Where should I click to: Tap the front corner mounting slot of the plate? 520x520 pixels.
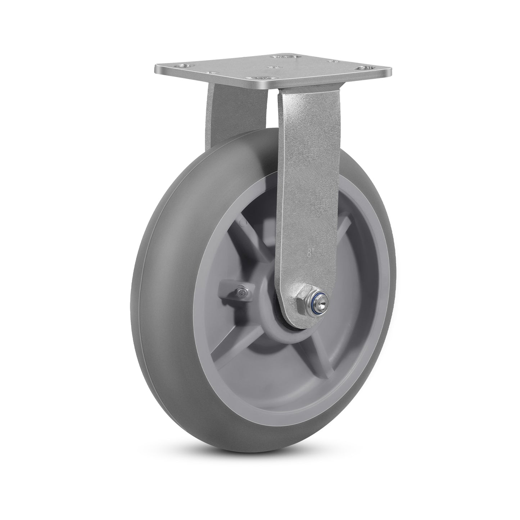(x=257, y=77)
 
